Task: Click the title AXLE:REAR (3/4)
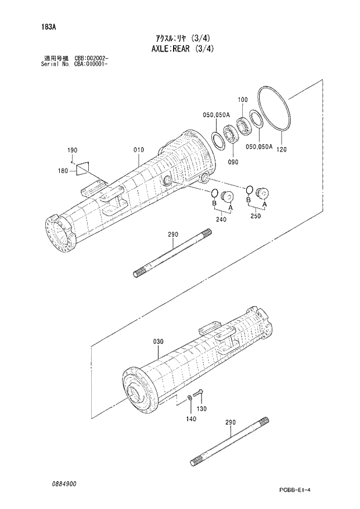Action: tap(181, 48)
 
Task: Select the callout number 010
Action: tap(138, 150)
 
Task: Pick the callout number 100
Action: tap(243, 99)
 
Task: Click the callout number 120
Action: tap(282, 150)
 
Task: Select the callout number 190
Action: tap(71, 151)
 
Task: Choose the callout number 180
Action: tap(63, 170)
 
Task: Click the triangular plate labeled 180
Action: tap(83, 167)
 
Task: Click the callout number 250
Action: tap(255, 216)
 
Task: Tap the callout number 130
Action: tap(202, 409)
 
